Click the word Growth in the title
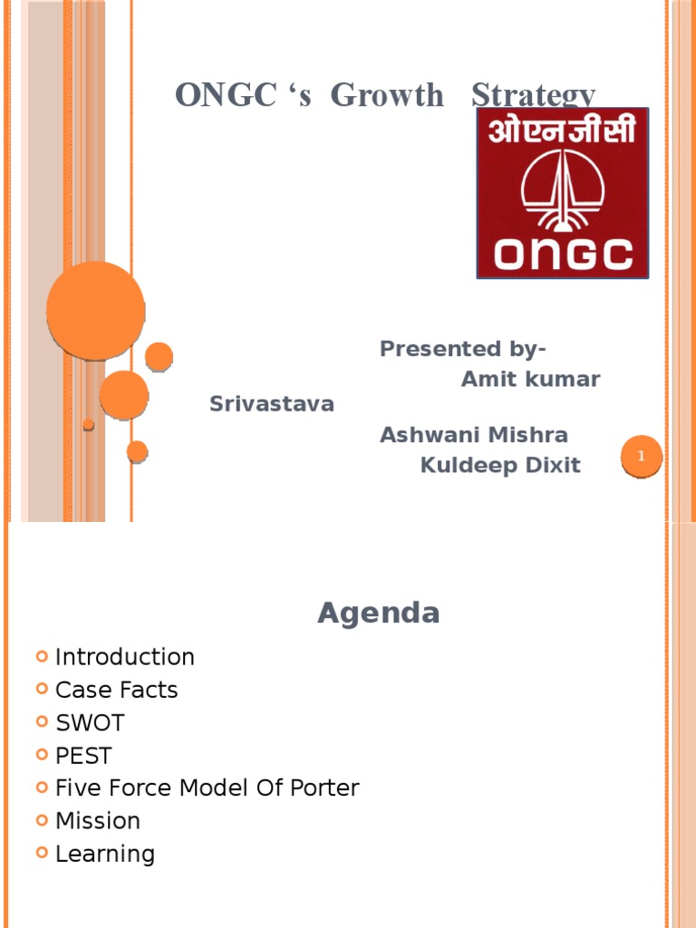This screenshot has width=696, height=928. point(387,95)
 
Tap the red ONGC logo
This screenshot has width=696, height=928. point(563,192)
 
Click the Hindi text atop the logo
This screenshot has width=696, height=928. point(563,131)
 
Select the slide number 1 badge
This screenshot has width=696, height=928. point(642,457)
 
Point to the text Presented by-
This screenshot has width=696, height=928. point(463,349)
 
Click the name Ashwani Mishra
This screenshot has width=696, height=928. point(474,435)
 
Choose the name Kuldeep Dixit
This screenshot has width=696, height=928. point(500,466)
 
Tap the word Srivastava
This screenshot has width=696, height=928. point(272,404)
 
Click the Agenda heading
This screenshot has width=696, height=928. point(379,614)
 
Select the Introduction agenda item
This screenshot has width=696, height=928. point(125,657)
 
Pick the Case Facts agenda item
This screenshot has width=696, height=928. point(116,690)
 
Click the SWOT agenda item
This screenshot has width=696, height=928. point(90,723)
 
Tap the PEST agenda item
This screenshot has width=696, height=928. point(83,756)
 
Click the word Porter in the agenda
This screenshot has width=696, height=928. point(324,788)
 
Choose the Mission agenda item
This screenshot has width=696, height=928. point(98,821)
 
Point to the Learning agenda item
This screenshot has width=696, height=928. point(105,854)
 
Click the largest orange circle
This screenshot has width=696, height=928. point(95,311)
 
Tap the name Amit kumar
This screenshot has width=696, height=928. point(530,380)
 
